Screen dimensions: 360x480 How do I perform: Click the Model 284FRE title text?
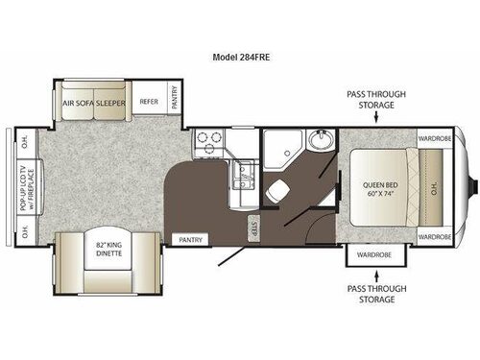(x=240, y=56)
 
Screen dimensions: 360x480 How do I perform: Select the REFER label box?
(x=149, y=101)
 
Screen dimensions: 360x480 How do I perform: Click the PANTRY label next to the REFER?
(x=177, y=99)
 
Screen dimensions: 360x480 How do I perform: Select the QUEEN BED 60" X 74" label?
(x=379, y=186)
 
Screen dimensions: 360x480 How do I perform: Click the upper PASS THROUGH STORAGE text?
(x=376, y=100)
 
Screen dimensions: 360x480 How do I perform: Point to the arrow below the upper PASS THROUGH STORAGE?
(x=376, y=120)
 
